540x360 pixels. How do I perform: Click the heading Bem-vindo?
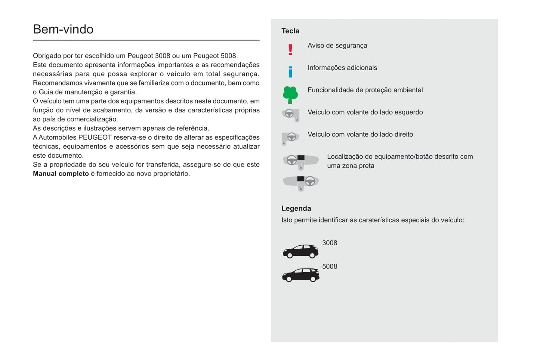(x=63, y=30)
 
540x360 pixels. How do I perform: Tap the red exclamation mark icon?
(x=290, y=50)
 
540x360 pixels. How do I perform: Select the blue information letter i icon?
(x=290, y=72)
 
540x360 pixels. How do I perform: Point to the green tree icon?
(x=290, y=94)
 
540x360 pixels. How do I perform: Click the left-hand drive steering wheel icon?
(x=291, y=114)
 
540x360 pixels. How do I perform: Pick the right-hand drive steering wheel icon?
(x=290, y=138)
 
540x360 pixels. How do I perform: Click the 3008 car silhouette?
(x=300, y=251)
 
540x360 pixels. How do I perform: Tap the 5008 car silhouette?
(x=300, y=275)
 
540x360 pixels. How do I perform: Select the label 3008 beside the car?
(x=330, y=243)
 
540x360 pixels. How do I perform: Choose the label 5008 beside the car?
(x=330, y=267)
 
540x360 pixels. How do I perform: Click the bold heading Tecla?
(x=290, y=31)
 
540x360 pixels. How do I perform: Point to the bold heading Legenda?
(x=296, y=208)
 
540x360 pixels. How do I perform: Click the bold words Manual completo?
(x=61, y=174)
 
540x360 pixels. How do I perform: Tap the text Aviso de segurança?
(x=337, y=46)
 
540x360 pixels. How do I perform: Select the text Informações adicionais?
(x=342, y=68)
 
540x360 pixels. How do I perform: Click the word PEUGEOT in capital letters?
(x=95, y=137)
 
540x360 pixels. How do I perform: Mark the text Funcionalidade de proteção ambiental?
(x=365, y=90)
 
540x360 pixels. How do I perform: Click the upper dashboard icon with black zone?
(x=300, y=161)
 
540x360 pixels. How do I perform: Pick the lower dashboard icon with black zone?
(x=300, y=183)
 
